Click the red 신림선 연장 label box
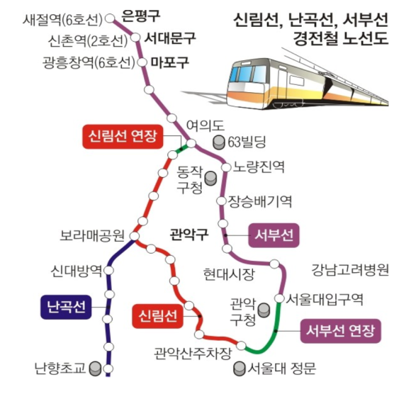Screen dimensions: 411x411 [123, 137]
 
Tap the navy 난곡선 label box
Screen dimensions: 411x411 [66, 307]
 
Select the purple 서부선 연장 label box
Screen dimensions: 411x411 [340, 331]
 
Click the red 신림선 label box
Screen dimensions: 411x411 [157, 316]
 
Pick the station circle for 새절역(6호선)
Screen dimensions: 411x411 [110, 18]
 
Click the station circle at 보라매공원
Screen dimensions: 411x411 [135, 236]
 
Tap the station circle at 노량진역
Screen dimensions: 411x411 [226, 167]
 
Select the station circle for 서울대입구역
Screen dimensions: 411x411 [279, 298]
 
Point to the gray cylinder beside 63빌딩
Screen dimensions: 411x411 [218, 142]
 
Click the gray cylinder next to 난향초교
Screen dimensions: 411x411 [95, 368]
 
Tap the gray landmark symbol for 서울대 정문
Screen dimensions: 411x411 [239, 368]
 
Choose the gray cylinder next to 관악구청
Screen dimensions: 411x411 [264, 310]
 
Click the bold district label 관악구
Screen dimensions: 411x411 [189, 234]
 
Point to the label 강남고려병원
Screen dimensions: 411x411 [350, 270]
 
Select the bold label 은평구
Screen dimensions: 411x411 [141, 16]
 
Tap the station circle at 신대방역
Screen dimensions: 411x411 [109, 270]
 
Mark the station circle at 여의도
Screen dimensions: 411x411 [191, 143]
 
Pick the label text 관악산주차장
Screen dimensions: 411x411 [193, 354]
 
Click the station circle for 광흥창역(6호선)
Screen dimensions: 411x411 [142, 62]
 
